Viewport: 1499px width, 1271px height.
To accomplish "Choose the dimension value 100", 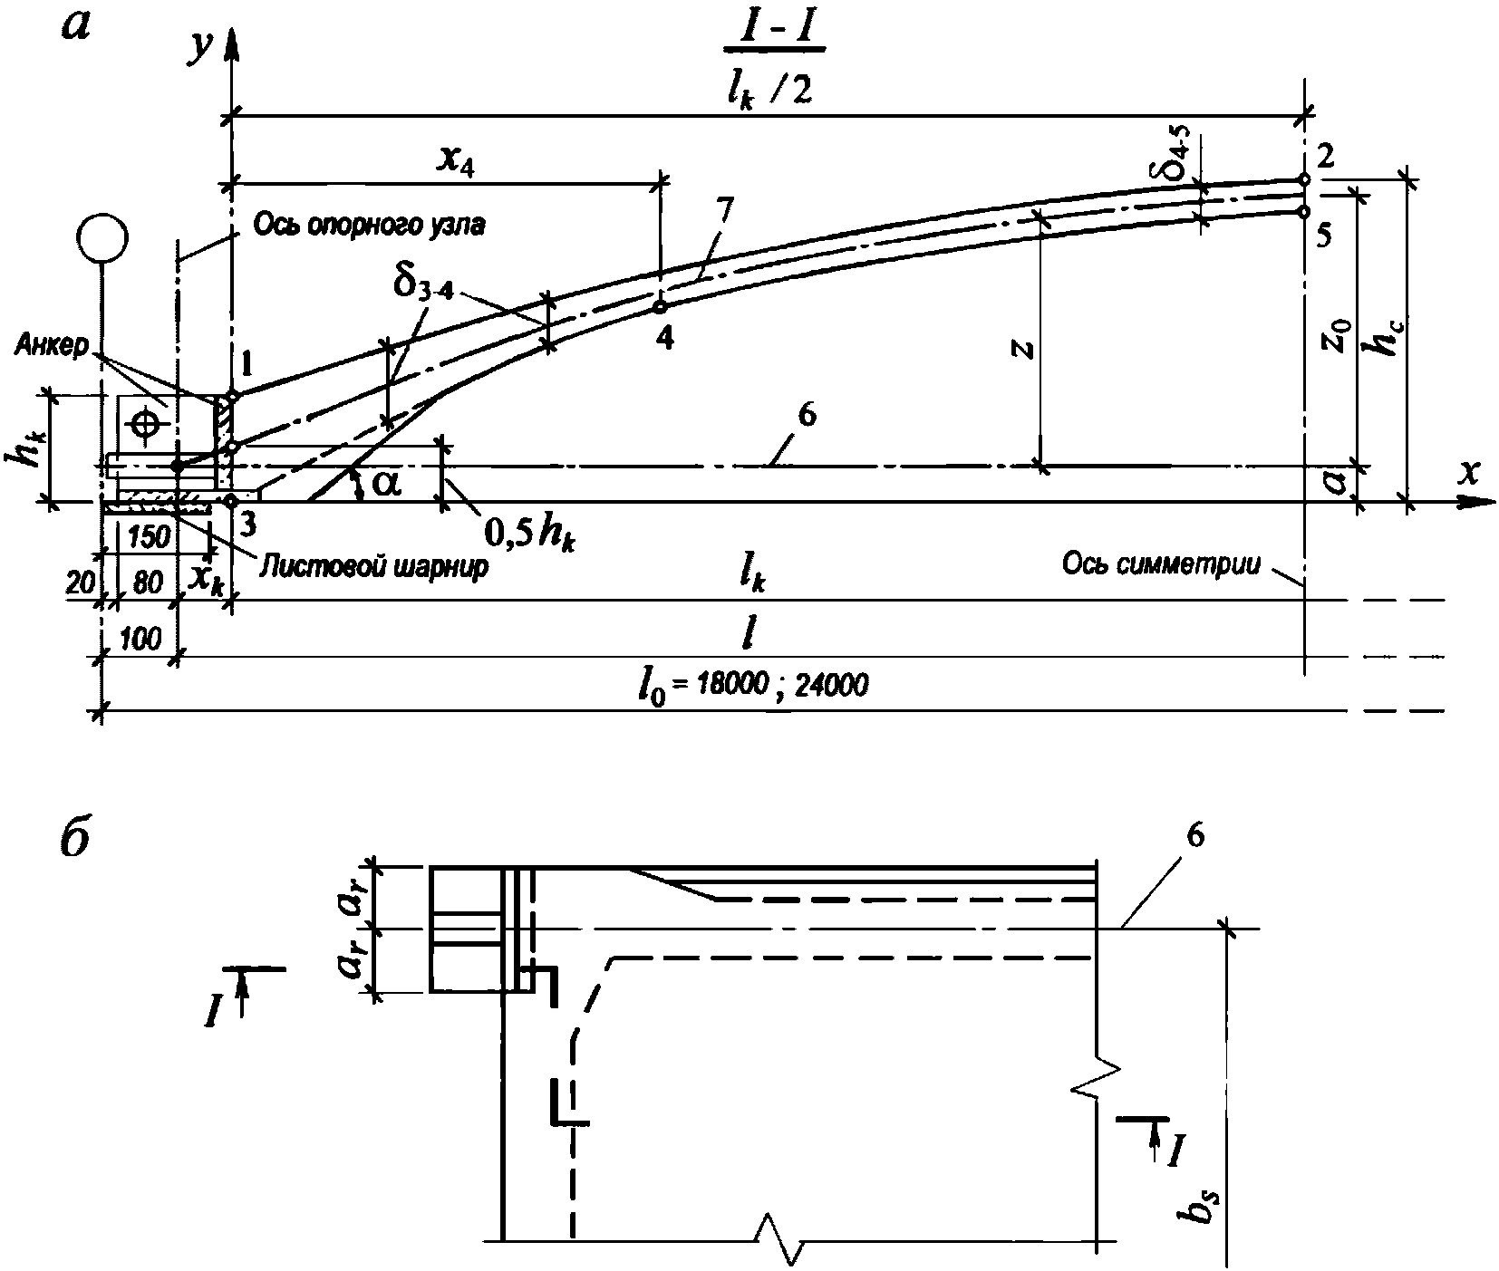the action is pyautogui.click(x=140, y=640).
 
